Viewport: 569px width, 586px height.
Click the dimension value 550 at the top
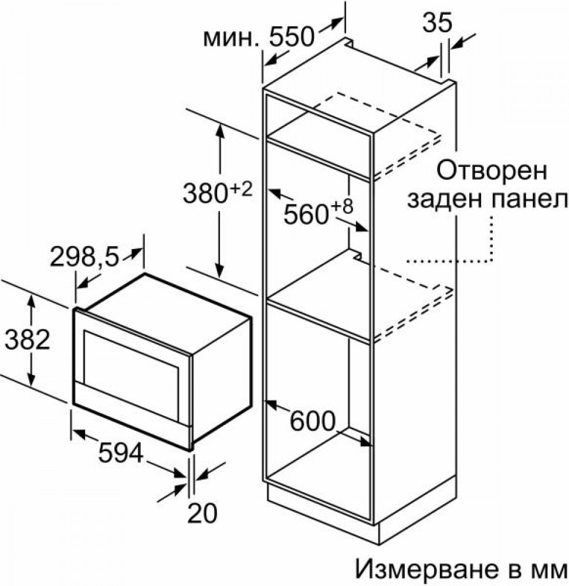[291, 37]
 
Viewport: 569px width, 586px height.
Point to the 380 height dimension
[205, 194]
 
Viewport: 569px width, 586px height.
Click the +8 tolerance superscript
[342, 206]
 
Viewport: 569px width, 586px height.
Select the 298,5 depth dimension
[84, 257]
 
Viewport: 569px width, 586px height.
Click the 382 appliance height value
[28, 339]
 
